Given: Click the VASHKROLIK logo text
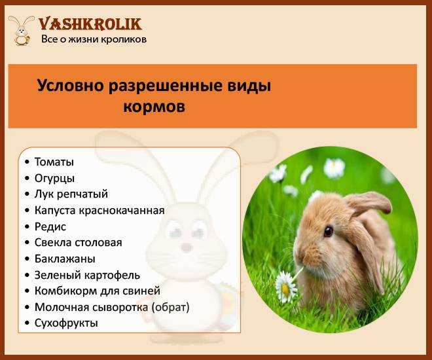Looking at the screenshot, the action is (x=90, y=24).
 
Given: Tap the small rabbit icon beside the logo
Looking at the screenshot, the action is (x=22, y=30).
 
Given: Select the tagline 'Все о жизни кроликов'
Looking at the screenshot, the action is (x=94, y=39).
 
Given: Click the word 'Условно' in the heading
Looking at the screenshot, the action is (x=71, y=86).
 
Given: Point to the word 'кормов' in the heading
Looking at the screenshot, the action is (x=154, y=107).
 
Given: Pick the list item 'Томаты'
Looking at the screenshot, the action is (x=54, y=162).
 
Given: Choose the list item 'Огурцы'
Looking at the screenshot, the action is (x=54, y=179).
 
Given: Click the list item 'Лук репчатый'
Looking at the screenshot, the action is (x=71, y=194).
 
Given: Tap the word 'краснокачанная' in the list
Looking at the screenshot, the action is (x=122, y=210).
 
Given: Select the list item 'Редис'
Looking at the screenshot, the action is (x=50, y=226).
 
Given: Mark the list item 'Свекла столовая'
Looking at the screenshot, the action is (x=79, y=243).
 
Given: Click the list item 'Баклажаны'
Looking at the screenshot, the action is (x=65, y=259).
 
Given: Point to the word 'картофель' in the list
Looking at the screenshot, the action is (x=112, y=275).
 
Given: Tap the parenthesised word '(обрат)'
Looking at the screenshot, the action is (x=171, y=307).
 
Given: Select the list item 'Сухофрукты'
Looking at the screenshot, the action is (x=66, y=323).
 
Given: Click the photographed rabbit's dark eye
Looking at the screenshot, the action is (x=329, y=231).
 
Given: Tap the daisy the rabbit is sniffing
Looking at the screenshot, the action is (x=285, y=287).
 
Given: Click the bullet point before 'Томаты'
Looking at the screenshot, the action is (x=27, y=162).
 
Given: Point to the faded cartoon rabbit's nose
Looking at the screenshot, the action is (x=187, y=247).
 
